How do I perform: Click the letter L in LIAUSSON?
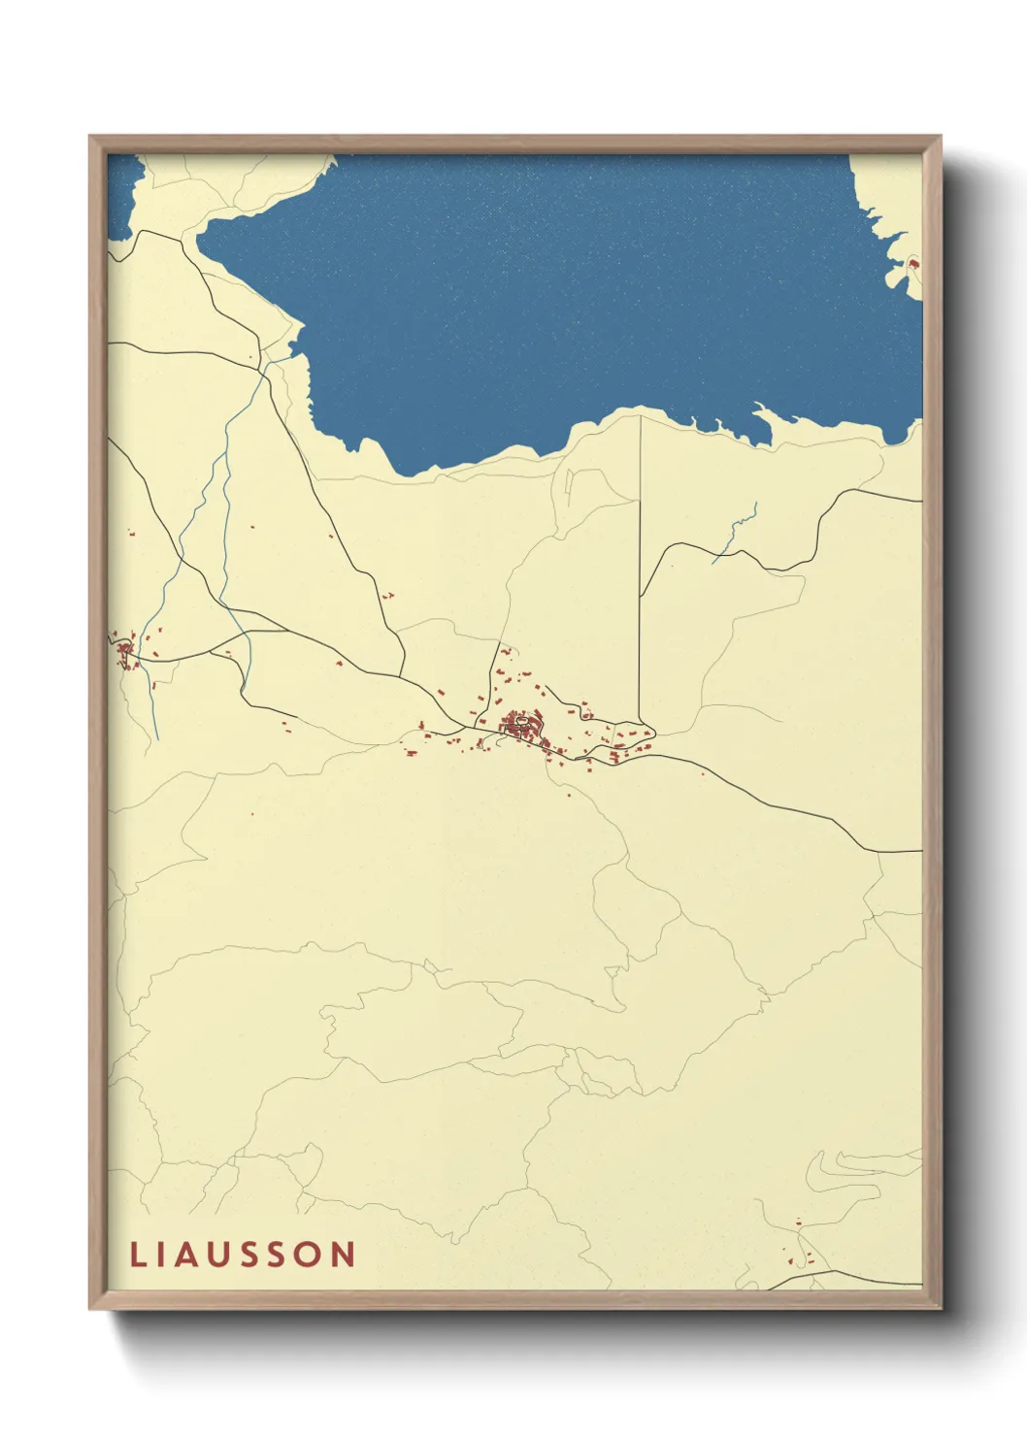coord(137,1255)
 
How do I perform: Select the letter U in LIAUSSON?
coord(220,1255)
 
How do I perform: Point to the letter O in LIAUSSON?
coord(310,1255)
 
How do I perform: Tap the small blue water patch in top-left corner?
coord(121,194)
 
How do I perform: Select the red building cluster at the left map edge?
coord(125,650)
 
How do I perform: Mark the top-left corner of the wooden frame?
coord(90,137)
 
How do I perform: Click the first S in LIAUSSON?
coord(251,1255)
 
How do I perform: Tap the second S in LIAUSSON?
coord(280,1255)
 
